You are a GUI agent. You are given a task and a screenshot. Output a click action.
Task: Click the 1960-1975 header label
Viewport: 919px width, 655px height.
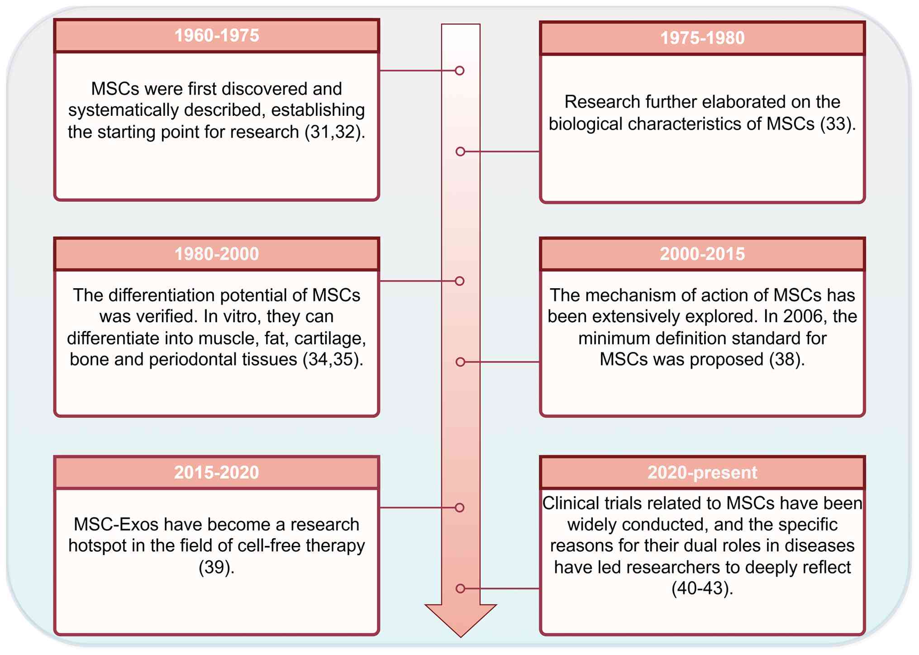pyautogui.click(x=217, y=36)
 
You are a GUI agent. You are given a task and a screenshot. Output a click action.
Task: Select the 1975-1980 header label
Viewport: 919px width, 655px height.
pyautogui.click(x=702, y=38)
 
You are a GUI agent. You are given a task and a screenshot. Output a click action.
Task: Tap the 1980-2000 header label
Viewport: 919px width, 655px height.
pyautogui.click(x=217, y=254)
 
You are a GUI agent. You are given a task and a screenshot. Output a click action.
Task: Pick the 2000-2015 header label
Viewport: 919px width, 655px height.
pyautogui.click(x=702, y=254)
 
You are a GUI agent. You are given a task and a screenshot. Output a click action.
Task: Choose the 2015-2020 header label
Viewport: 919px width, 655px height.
pyautogui.click(x=217, y=473)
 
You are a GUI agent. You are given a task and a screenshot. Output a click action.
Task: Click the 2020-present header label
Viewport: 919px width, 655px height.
pyautogui.click(x=702, y=473)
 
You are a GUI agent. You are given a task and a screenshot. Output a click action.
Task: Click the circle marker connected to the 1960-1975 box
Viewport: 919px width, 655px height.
pyautogui.click(x=460, y=71)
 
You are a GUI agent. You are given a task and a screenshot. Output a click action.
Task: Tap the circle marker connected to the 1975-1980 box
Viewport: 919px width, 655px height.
pyautogui.click(x=460, y=152)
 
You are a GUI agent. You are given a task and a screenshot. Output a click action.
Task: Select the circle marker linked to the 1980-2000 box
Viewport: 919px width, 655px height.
pyautogui.click(x=460, y=281)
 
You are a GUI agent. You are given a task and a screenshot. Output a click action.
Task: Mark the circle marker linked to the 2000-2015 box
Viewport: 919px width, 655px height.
pyautogui.click(x=460, y=362)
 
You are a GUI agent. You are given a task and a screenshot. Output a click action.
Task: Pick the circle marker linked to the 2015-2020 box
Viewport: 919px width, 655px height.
pyautogui.click(x=460, y=508)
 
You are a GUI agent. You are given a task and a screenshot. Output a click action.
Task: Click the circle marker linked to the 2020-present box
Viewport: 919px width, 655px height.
pyautogui.click(x=460, y=589)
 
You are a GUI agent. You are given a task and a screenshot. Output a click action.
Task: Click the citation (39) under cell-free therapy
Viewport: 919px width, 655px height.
pyautogui.click(x=217, y=567)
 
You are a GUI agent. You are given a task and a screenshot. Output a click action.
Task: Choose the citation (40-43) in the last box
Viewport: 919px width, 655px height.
pyautogui.click(x=702, y=589)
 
